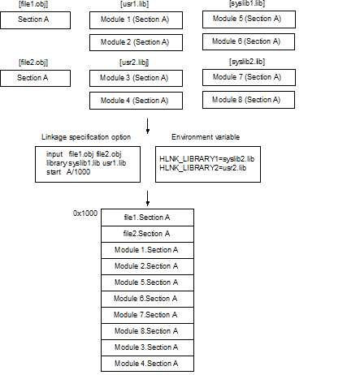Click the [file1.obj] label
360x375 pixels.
click(x=33, y=4)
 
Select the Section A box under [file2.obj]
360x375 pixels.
click(x=35, y=78)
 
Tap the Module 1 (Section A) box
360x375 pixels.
click(x=136, y=20)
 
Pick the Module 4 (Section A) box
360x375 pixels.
click(x=136, y=101)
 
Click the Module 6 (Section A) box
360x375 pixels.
click(x=249, y=41)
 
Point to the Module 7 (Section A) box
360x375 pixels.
click(x=249, y=77)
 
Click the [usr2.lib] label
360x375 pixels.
click(x=134, y=62)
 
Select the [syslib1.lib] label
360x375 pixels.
click(x=247, y=3)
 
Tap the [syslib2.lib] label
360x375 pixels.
click(x=247, y=62)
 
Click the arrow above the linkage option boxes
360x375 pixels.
click(x=148, y=126)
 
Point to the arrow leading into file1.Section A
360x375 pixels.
click(x=148, y=199)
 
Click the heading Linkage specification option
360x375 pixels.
click(x=86, y=137)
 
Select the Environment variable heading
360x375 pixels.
click(x=206, y=137)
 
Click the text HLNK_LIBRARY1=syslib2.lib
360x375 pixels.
click(x=207, y=159)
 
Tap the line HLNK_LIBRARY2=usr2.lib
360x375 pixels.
click(x=203, y=168)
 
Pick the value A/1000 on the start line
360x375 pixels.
click(x=78, y=172)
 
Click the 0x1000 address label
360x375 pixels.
click(x=85, y=213)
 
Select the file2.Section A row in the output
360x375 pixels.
click(x=147, y=234)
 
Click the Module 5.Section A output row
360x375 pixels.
click(x=147, y=282)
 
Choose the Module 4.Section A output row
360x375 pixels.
click(x=147, y=364)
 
